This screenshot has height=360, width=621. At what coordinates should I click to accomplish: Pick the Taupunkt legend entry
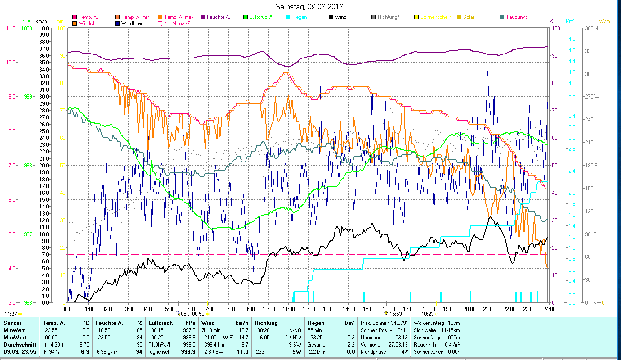point(516,17)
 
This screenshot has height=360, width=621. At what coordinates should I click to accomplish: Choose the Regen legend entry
point(300,17)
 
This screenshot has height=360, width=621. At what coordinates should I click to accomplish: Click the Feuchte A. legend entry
point(219,17)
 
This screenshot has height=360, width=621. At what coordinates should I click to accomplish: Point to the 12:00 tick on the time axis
point(309,309)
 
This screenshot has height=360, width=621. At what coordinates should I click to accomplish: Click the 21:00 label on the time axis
point(489,309)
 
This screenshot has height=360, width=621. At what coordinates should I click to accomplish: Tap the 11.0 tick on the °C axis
point(9,28)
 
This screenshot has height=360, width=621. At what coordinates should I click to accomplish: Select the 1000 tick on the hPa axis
point(27,28)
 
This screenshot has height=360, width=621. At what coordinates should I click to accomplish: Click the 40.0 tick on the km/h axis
point(44,28)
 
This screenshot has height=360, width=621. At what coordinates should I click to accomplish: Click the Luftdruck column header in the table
point(160,323)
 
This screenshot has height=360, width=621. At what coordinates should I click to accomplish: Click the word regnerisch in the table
point(160,352)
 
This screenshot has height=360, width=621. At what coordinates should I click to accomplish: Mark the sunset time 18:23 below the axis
point(427,315)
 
